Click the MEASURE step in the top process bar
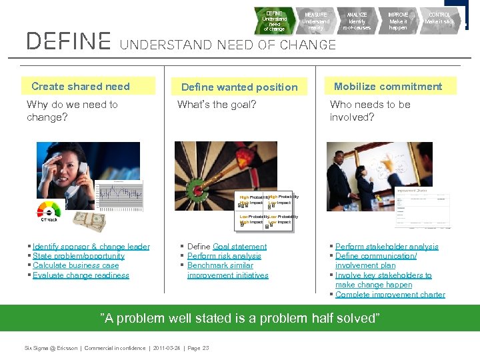315,21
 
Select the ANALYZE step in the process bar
357,21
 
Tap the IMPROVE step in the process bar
398,21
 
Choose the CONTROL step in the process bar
439,21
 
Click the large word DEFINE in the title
68,42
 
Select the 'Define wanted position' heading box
239,87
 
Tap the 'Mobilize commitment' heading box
388,86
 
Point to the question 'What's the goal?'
217,105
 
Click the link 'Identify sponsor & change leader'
91,247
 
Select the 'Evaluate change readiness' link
81,275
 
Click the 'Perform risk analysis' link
224,256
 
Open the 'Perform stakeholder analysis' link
387,247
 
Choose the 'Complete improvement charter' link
390,295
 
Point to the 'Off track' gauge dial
49,209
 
